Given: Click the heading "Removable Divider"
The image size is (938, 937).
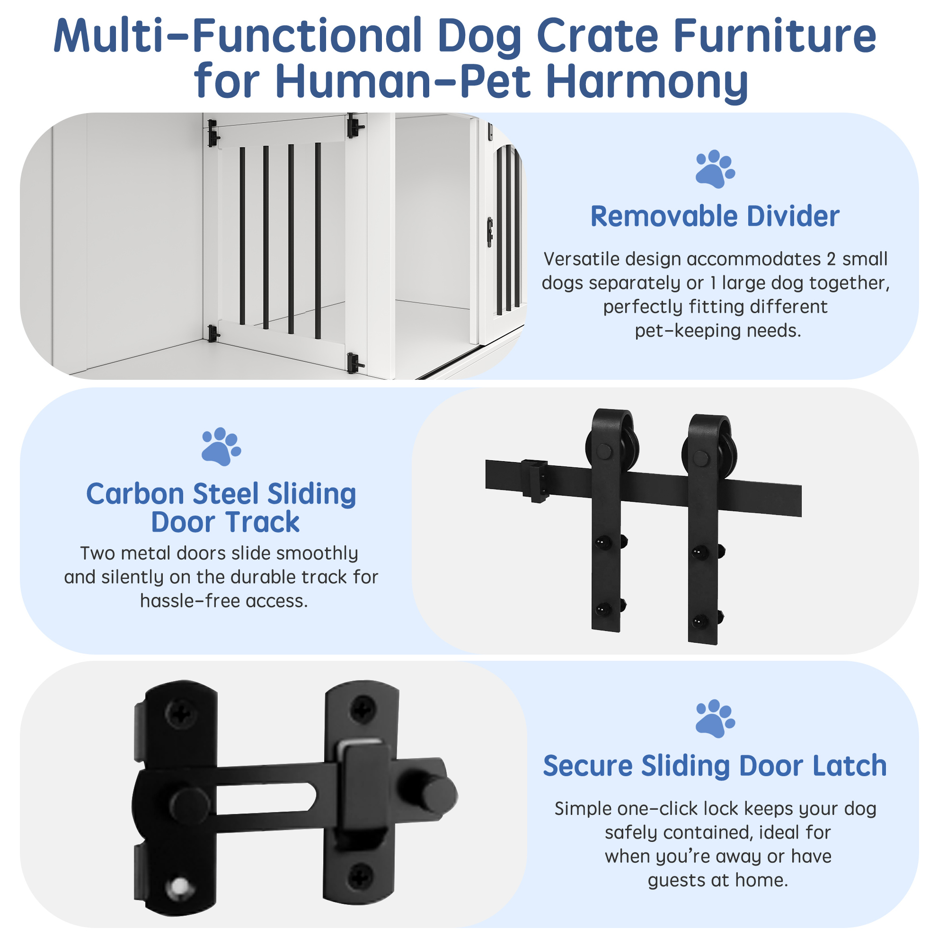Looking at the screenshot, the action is click(x=715, y=217).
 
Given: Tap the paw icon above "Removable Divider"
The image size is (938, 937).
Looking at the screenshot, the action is click(x=715, y=169).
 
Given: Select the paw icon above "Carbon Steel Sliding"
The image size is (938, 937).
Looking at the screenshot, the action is click(x=221, y=447).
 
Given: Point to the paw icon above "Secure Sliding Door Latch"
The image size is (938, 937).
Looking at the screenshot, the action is click(x=715, y=718).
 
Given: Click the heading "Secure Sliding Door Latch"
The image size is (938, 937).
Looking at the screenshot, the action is click(x=715, y=767).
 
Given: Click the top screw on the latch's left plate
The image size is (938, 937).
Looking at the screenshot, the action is click(x=181, y=713).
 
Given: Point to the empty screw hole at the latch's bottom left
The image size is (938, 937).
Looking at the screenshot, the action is click(x=180, y=887).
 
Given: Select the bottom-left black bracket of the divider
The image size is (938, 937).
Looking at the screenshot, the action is click(x=213, y=333).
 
